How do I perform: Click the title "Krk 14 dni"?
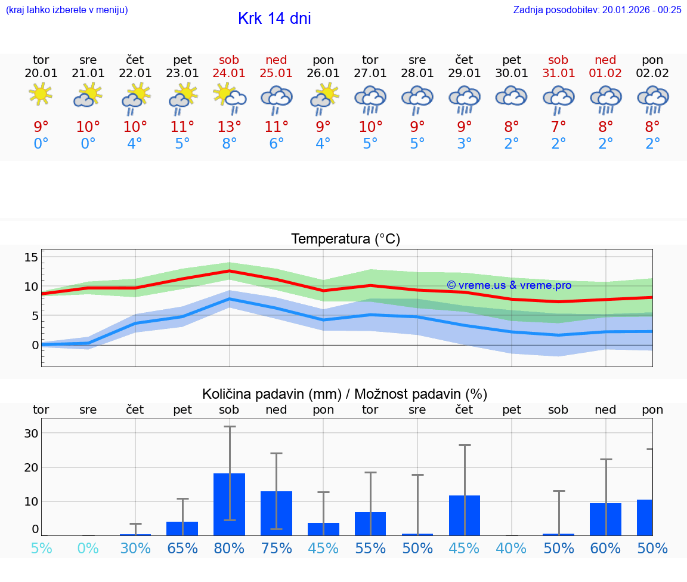point(274,19)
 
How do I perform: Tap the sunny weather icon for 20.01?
point(41,94)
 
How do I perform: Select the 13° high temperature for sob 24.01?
point(229,127)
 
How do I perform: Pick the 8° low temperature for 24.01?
point(229,144)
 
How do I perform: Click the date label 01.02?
point(605,73)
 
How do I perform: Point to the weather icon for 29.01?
point(464,100)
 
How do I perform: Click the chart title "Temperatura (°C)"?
point(345,239)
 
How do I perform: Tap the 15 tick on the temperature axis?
point(31,257)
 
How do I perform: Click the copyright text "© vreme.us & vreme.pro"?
point(509,285)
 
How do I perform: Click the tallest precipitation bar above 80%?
point(229,504)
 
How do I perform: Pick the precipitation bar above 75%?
point(276,513)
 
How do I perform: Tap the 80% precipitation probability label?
point(229,548)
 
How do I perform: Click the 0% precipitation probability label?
point(88,548)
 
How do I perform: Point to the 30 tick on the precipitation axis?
point(31,433)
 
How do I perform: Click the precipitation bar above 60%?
point(605,519)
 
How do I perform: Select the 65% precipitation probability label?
point(182,548)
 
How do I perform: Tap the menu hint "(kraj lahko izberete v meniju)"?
point(67,10)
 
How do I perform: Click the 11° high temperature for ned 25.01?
point(276,127)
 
